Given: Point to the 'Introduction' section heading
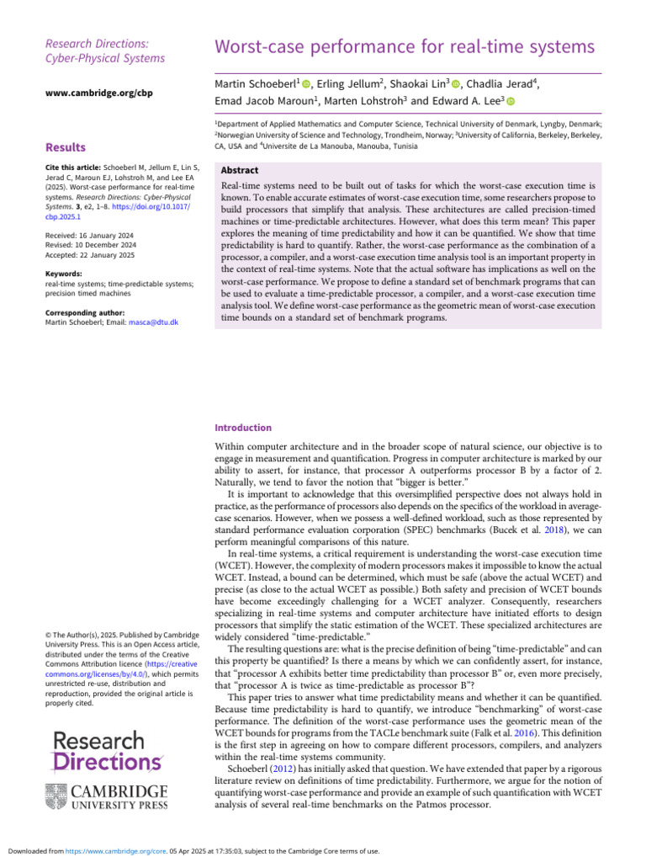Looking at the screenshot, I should tap(243, 428).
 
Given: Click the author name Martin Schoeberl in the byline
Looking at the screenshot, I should tap(256, 85).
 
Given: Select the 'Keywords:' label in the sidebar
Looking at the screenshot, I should tap(64, 274).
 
